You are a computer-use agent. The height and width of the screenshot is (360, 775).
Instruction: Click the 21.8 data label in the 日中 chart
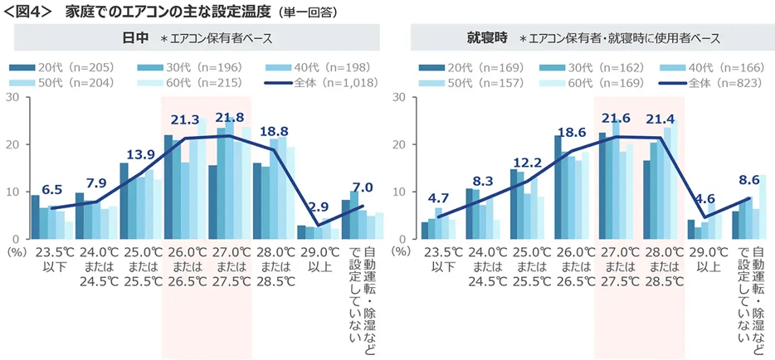click(x=229, y=117)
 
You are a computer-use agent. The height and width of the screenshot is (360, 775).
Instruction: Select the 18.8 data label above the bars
click(x=275, y=131)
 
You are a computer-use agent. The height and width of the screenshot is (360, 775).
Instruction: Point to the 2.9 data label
click(x=319, y=207)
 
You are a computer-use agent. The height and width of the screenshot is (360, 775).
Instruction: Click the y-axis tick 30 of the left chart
click(x=12, y=97)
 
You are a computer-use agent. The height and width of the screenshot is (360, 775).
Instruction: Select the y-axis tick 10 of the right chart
click(x=399, y=192)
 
